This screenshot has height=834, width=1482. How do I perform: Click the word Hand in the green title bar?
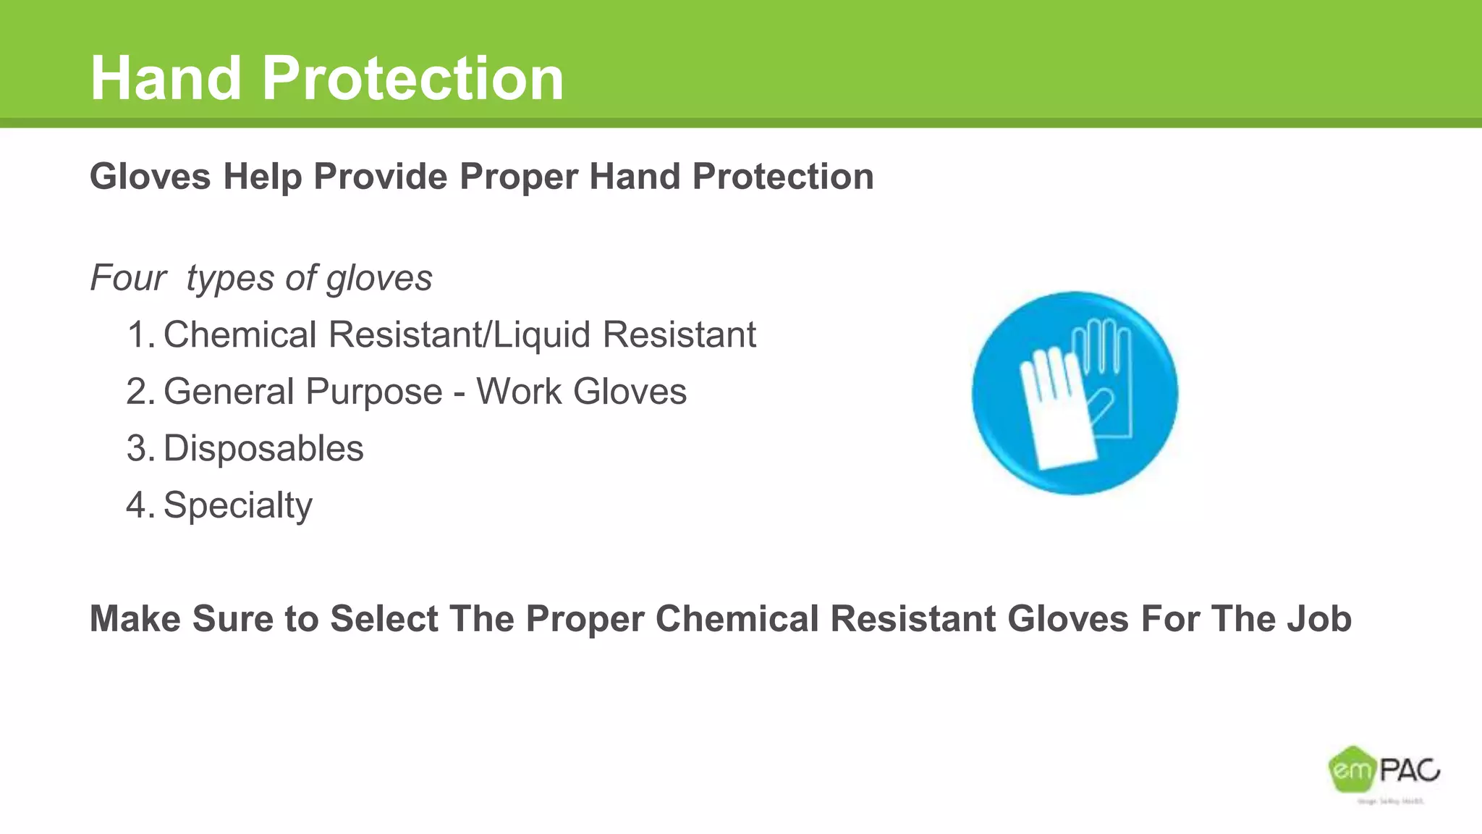tap(166, 78)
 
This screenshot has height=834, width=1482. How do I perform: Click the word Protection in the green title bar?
tap(412, 78)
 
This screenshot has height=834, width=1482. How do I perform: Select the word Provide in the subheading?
tap(381, 177)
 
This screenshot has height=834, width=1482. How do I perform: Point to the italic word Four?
tap(128, 278)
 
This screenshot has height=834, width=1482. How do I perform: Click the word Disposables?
tap(263, 449)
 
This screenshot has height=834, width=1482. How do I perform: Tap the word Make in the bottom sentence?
tap(135, 619)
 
